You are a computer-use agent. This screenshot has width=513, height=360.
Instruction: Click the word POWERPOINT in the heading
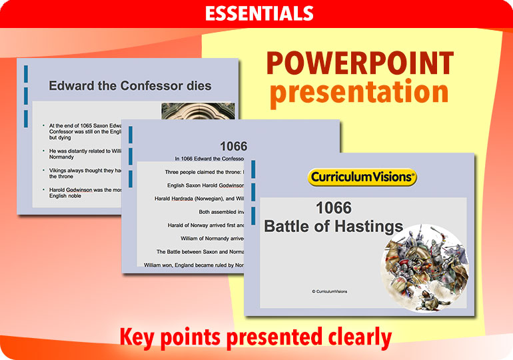point(360,64)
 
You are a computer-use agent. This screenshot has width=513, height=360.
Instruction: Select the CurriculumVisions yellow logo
point(362,177)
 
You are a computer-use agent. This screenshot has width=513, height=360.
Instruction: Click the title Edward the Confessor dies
point(130,86)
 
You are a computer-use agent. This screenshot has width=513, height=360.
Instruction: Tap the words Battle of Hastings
point(333,227)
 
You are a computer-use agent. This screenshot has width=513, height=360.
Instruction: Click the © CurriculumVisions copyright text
point(329,291)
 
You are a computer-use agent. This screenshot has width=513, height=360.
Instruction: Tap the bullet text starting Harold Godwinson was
point(87,193)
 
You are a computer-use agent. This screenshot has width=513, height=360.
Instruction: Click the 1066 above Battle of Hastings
point(333,208)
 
